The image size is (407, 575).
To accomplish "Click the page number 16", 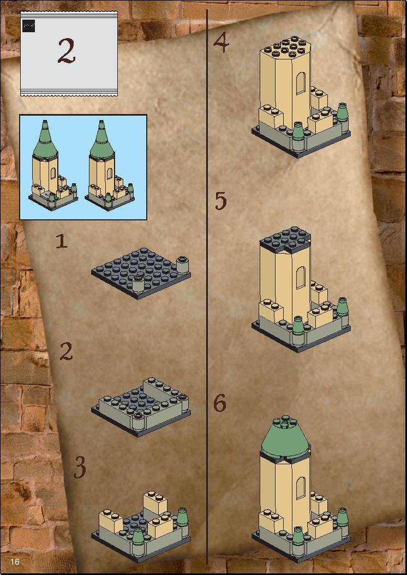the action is pyautogui.click(x=15, y=561).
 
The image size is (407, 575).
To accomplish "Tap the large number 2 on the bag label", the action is pyautogui.click(x=67, y=51).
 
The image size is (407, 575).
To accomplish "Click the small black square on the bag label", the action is pyautogui.click(x=28, y=26).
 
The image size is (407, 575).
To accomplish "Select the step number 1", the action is pyautogui.click(x=62, y=241).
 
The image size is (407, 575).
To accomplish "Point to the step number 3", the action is pyautogui.click(x=80, y=467).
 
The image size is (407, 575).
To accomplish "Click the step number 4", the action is pyautogui.click(x=221, y=43).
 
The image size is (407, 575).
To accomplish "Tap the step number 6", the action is pyautogui.click(x=220, y=403).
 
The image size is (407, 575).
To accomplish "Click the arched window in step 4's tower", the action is pyautogui.click(x=301, y=83).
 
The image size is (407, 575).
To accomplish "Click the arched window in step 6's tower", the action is pyautogui.click(x=301, y=487).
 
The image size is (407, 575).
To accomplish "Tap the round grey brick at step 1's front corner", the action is pyautogui.click(x=138, y=284).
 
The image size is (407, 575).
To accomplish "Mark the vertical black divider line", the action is pyautogui.click(x=207, y=287).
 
